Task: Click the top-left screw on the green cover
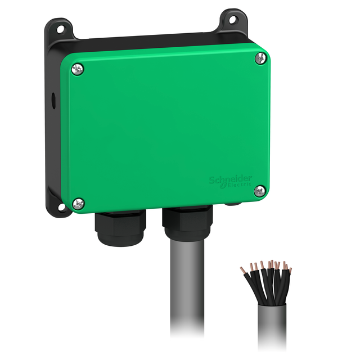(78, 69)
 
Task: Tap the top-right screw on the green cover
(259, 58)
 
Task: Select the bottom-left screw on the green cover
(79, 202)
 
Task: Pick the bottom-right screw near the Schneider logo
(259, 191)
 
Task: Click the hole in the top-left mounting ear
(58, 29)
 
